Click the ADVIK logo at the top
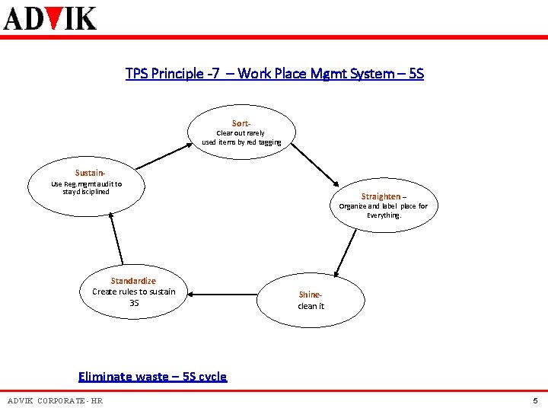[x=50, y=17]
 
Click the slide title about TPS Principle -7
[x=274, y=74]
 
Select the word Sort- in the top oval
[x=241, y=123]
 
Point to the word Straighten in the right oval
[x=381, y=196]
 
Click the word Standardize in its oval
[x=133, y=281]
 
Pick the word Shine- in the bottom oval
[x=311, y=295]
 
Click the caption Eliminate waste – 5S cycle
[x=152, y=376]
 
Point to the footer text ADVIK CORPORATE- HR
[x=55, y=401]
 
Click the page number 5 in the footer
[x=535, y=401]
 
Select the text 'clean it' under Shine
[x=311, y=306]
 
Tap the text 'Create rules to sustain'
[x=133, y=292]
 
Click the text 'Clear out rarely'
[x=241, y=133]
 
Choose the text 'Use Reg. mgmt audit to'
[x=86, y=183]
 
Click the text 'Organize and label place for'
[x=383, y=206]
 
